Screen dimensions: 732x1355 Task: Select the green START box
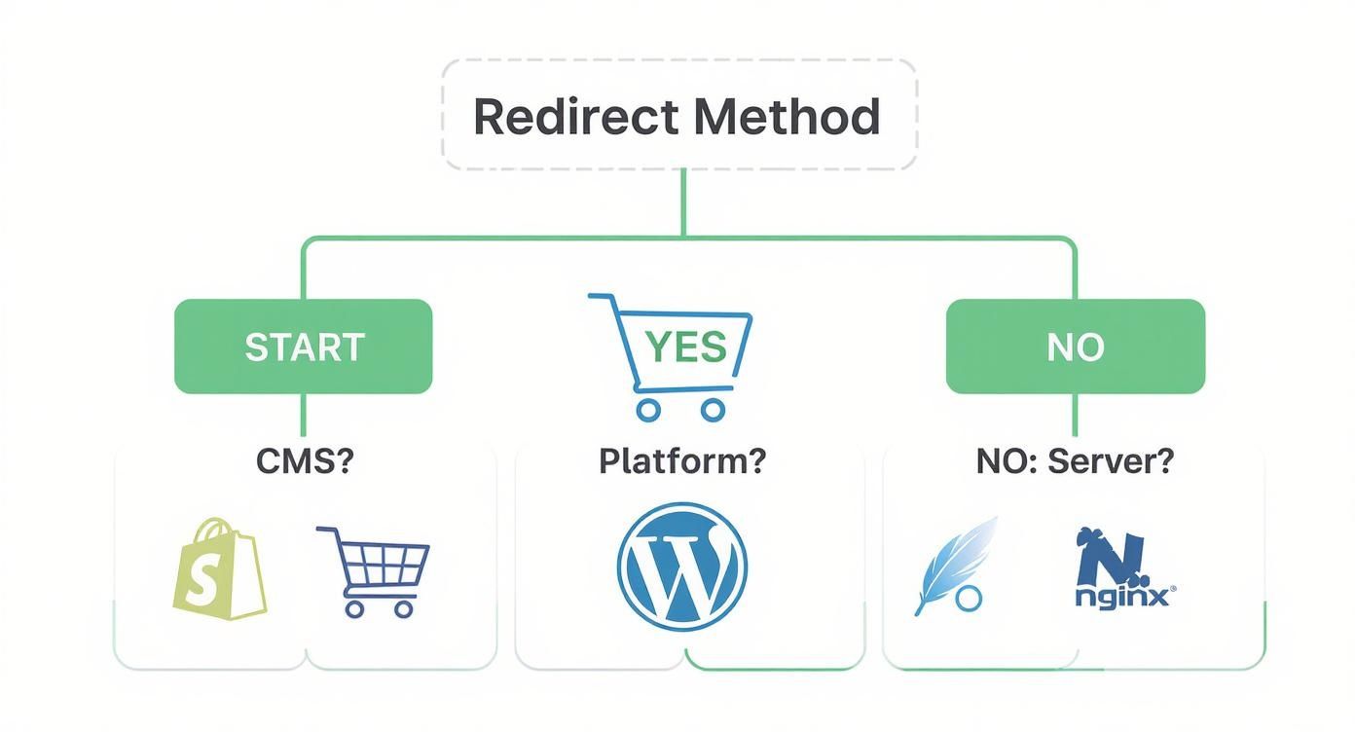click(x=303, y=347)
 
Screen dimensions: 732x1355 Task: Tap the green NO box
click(x=1075, y=347)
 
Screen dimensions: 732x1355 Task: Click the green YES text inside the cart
click(x=686, y=348)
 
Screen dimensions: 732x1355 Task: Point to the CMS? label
click(x=304, y=460)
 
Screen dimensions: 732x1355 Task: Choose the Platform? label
click(x=682, y=460)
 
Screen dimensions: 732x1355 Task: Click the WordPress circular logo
click(x=682, y=567)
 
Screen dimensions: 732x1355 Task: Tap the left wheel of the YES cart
click(x=648, y=410)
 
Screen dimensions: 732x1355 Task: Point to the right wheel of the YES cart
click(x=714, y=410)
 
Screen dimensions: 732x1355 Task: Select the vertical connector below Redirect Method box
click(x=683, y=201)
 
